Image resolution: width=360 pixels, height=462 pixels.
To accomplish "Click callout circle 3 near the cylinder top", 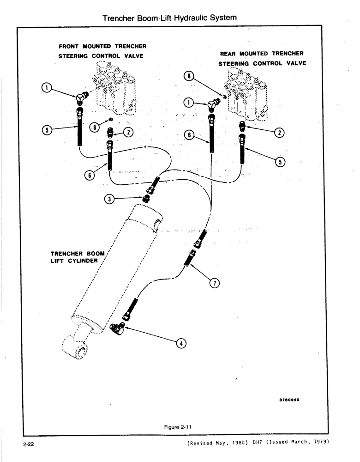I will pyautogui.click(x=109, y=199).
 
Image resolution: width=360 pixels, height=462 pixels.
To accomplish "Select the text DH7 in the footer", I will pyautogui.click(x=258, y=442).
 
